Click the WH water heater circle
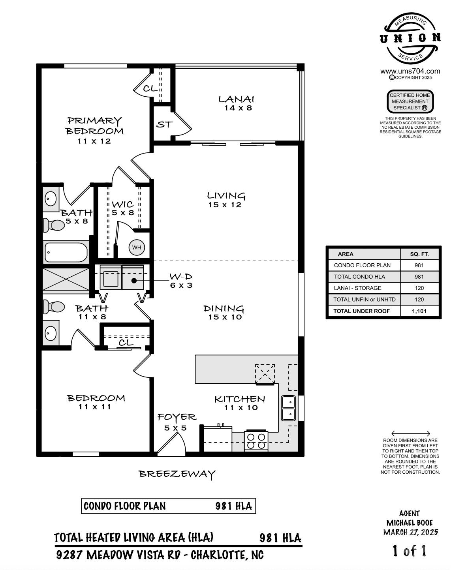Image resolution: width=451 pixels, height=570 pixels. [x=137, y=247]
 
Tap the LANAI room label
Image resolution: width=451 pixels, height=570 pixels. [x=236, y=99]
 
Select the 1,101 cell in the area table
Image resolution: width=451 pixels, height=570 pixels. [x=419, y=311]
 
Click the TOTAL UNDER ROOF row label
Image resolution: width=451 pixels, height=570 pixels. [x=361, y=311]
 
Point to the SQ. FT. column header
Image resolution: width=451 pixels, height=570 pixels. [x=419, y=254]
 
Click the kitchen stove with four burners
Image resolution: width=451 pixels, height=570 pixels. [x=256, y=441]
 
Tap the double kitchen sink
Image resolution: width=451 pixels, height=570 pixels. [x=288, y=408]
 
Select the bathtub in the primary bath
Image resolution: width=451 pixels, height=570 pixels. [x=66, y=252]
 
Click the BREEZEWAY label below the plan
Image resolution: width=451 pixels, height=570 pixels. [x=177, y=474]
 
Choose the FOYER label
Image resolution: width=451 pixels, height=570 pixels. [x=177, y=417]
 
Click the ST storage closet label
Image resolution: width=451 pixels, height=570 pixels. [x=164, y=124]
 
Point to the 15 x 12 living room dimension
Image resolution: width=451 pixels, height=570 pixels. [x=225, y=205]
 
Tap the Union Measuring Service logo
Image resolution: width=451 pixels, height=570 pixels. [x=410, y=39]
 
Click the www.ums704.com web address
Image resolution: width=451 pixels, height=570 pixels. [x=410, y=71]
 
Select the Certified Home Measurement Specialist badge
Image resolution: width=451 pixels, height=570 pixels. [x=410, y=101]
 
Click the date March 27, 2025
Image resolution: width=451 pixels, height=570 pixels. [x=410, y=532]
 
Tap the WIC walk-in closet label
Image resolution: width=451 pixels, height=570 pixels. [x=123, y=204]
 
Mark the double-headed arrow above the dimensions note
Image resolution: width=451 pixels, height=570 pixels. [x=410, y=433]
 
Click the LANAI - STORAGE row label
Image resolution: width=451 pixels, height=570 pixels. [x=357, y=288]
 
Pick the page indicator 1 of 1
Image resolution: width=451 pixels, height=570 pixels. [x=410, y=551]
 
